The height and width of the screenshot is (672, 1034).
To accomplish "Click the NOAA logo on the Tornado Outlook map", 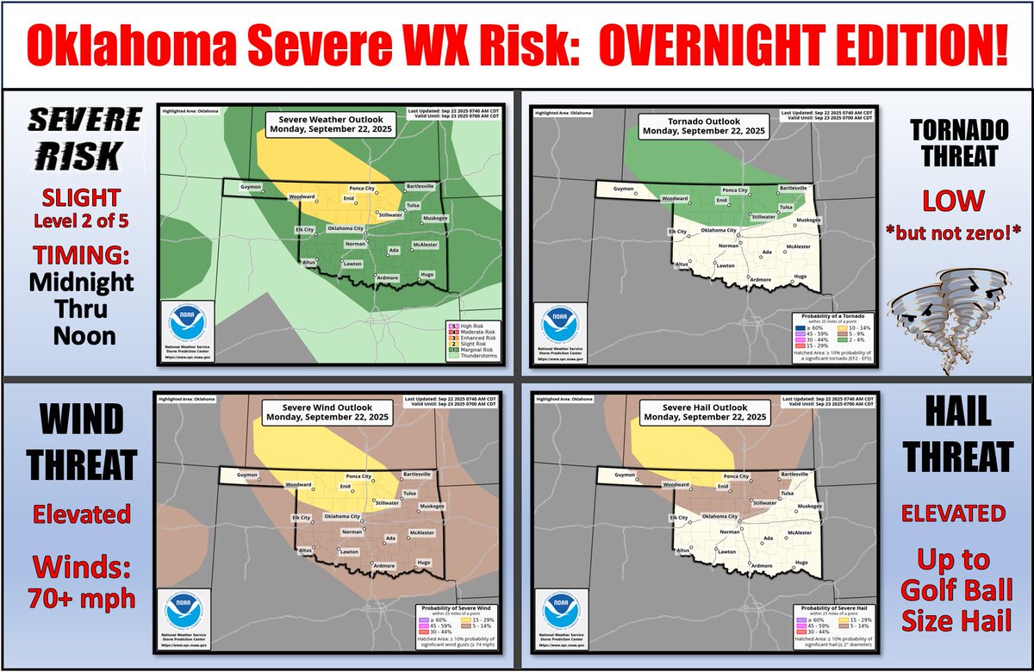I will [x=563, y=327].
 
